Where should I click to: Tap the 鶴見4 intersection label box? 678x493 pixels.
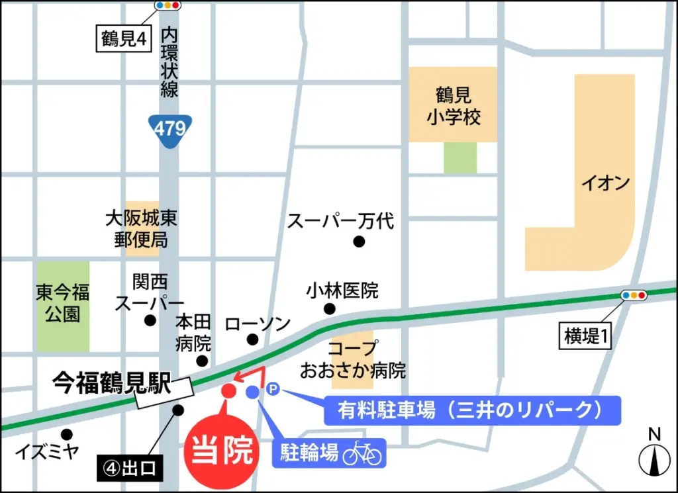(123, 39)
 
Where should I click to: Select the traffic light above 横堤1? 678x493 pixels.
(634, 295)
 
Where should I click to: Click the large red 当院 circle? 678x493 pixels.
(221, 451)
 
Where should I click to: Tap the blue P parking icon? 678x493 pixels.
(273, 391)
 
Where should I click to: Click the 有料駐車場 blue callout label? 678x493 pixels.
(472, 410)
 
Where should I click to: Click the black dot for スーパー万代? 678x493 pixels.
(359, 242)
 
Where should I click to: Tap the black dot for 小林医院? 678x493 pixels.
(329, 308)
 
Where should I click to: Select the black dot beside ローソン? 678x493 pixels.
(252, 339)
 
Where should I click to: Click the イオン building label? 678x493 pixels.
(605, 183)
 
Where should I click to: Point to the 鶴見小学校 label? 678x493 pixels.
(454, 107)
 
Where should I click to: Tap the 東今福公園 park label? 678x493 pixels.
(63, 304)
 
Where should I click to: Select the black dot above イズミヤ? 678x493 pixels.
(66, 434)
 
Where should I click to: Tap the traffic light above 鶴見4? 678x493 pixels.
(168, 5)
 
